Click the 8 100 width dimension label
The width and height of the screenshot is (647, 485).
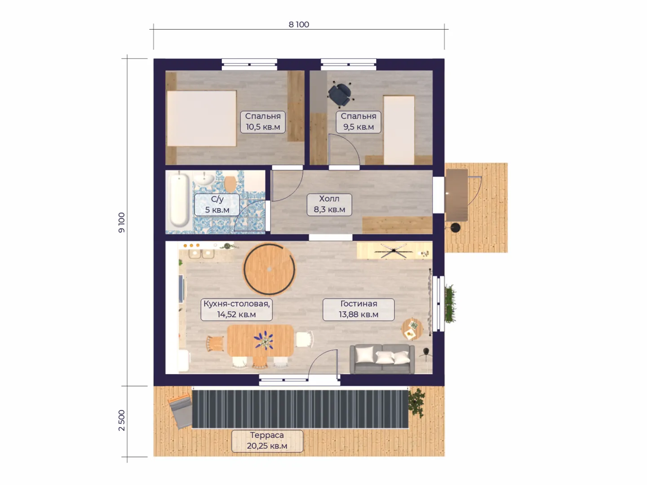(x=299, y=24)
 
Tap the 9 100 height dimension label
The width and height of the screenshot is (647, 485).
(x=121, y=223)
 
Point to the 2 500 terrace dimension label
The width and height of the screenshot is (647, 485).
(x=121, y=420)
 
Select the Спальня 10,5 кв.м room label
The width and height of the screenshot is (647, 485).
(x=263, y=122)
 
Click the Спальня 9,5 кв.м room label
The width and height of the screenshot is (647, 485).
(x=359, y=122)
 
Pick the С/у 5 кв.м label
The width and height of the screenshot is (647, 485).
(x=217, y=205)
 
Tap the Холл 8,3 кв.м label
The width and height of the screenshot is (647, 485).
(x=329, y=204)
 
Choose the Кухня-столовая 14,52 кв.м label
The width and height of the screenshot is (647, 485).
(x=236, y=309)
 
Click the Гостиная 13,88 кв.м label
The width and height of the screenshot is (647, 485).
(x=359, y=309)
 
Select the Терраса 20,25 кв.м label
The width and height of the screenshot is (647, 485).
(x=267, y=441)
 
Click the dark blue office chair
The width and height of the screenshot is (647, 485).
(x=340, y=94)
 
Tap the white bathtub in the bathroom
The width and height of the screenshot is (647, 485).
(x=179, y=201)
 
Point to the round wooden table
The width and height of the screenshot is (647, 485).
(x=269, y=269)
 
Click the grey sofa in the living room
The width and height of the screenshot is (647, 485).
(x=382, y=359)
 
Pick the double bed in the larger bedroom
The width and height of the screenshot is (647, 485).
(x=202, y=119)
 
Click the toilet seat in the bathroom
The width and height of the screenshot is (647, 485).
(x=230, y=184)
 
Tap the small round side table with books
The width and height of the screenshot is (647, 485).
(x=412, y=329)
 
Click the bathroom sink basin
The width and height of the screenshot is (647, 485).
(x=204, y=179)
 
